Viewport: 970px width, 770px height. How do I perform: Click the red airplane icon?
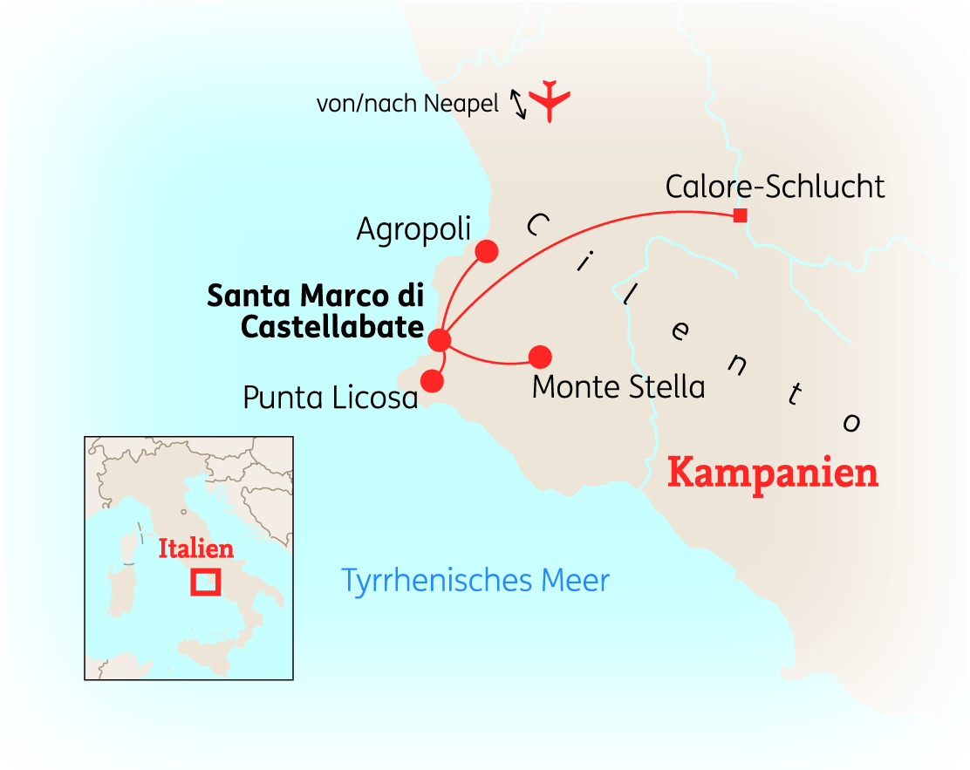tap(549, 100)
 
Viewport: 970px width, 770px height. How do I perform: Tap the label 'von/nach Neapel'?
tap(407, 105)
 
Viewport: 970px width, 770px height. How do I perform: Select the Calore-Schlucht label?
tap(775, 187)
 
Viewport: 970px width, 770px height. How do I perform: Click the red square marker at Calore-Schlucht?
tap(740, 215)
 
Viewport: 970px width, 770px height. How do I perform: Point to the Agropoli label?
tap(413, 229)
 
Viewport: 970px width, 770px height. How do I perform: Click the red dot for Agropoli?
tap(486, 251)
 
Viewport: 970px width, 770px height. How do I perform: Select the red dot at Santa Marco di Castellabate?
tap(440, 340)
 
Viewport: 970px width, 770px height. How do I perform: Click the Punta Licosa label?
tap(331, 398)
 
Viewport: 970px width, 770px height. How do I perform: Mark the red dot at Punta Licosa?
tap(432, 380)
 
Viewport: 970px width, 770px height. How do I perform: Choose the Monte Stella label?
tap(618, 386)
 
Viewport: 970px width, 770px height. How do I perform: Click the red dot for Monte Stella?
tap(541, 357)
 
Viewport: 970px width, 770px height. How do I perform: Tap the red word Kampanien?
tap(772, 474)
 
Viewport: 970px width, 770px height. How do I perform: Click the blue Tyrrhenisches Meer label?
tap(475, 581)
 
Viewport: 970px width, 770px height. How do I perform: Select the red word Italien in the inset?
tap(196, 549)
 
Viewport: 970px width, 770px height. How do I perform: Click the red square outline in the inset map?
tap(206, 582)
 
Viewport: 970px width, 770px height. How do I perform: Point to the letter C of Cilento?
tap(538, 226)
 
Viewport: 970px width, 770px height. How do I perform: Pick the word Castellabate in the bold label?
tap(331, 327)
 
